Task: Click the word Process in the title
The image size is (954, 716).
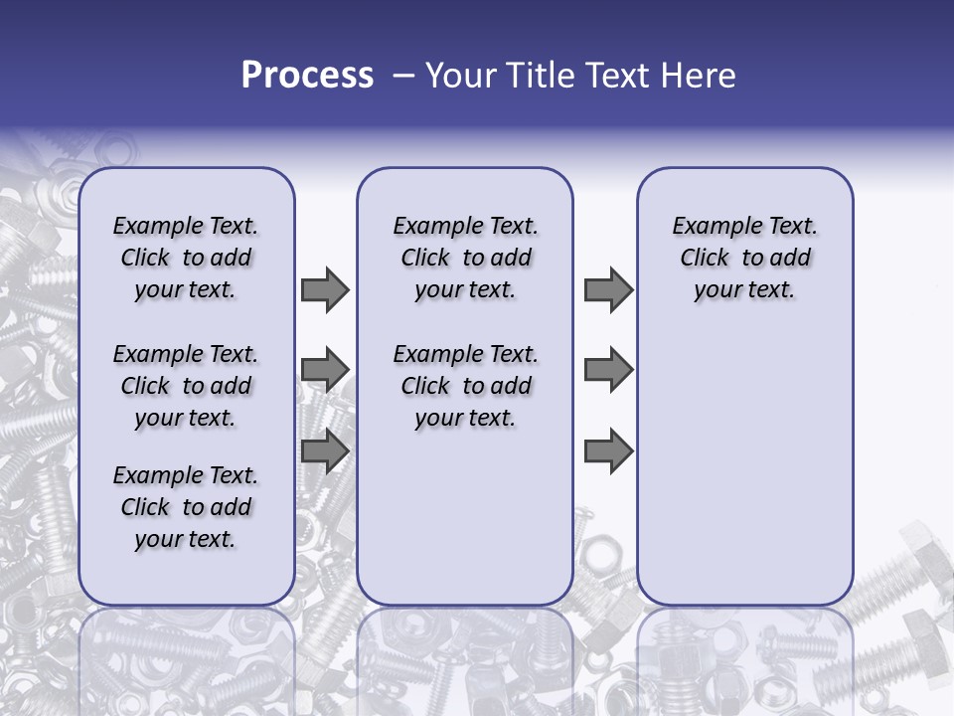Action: click(307, 76)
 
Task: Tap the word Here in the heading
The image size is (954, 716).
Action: click(695, 76)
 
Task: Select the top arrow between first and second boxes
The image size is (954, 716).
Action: click(325, 289)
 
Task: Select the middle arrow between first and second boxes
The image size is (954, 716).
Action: click(325, 370)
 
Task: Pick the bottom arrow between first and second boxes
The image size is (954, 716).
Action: click(325, 451)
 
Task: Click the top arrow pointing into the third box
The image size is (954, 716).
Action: click(608, 289)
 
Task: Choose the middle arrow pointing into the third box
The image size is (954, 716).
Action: click(608, 370)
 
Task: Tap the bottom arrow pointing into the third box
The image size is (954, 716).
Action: click(608, 451)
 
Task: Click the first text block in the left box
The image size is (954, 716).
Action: click(186, 258)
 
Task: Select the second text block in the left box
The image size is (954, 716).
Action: click(186, 386)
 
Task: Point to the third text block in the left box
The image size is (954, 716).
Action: click(186, 507)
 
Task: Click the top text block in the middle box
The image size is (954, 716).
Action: click(465, 258)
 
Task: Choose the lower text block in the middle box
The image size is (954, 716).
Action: click(465, 386)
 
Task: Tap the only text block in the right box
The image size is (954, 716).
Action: click(744, 258)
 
